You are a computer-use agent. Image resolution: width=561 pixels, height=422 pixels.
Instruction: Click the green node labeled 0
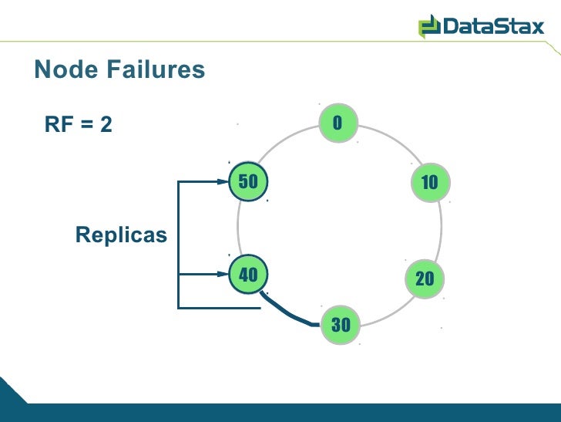(x=337, y=123)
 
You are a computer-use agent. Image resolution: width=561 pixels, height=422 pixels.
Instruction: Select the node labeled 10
(x=429, y=182)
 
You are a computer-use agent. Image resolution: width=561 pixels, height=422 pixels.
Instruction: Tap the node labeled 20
(x=424, y=279)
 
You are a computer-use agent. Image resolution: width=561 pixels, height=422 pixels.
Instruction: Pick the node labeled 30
(x=340, y=325)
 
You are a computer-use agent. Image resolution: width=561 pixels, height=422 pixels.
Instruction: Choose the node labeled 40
(x=248, y=274)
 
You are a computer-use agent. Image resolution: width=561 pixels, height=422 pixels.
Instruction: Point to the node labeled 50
(x=248, y=182)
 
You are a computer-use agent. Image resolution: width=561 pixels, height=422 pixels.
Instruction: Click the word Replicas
(x=121, y=235)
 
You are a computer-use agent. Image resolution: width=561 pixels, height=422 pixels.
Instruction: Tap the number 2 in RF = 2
(x=106, y=124)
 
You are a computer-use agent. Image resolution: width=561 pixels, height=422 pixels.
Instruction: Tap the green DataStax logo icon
(x=428, y=28)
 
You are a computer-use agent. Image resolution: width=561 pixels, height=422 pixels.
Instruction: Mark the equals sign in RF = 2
(x=85, y=124)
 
